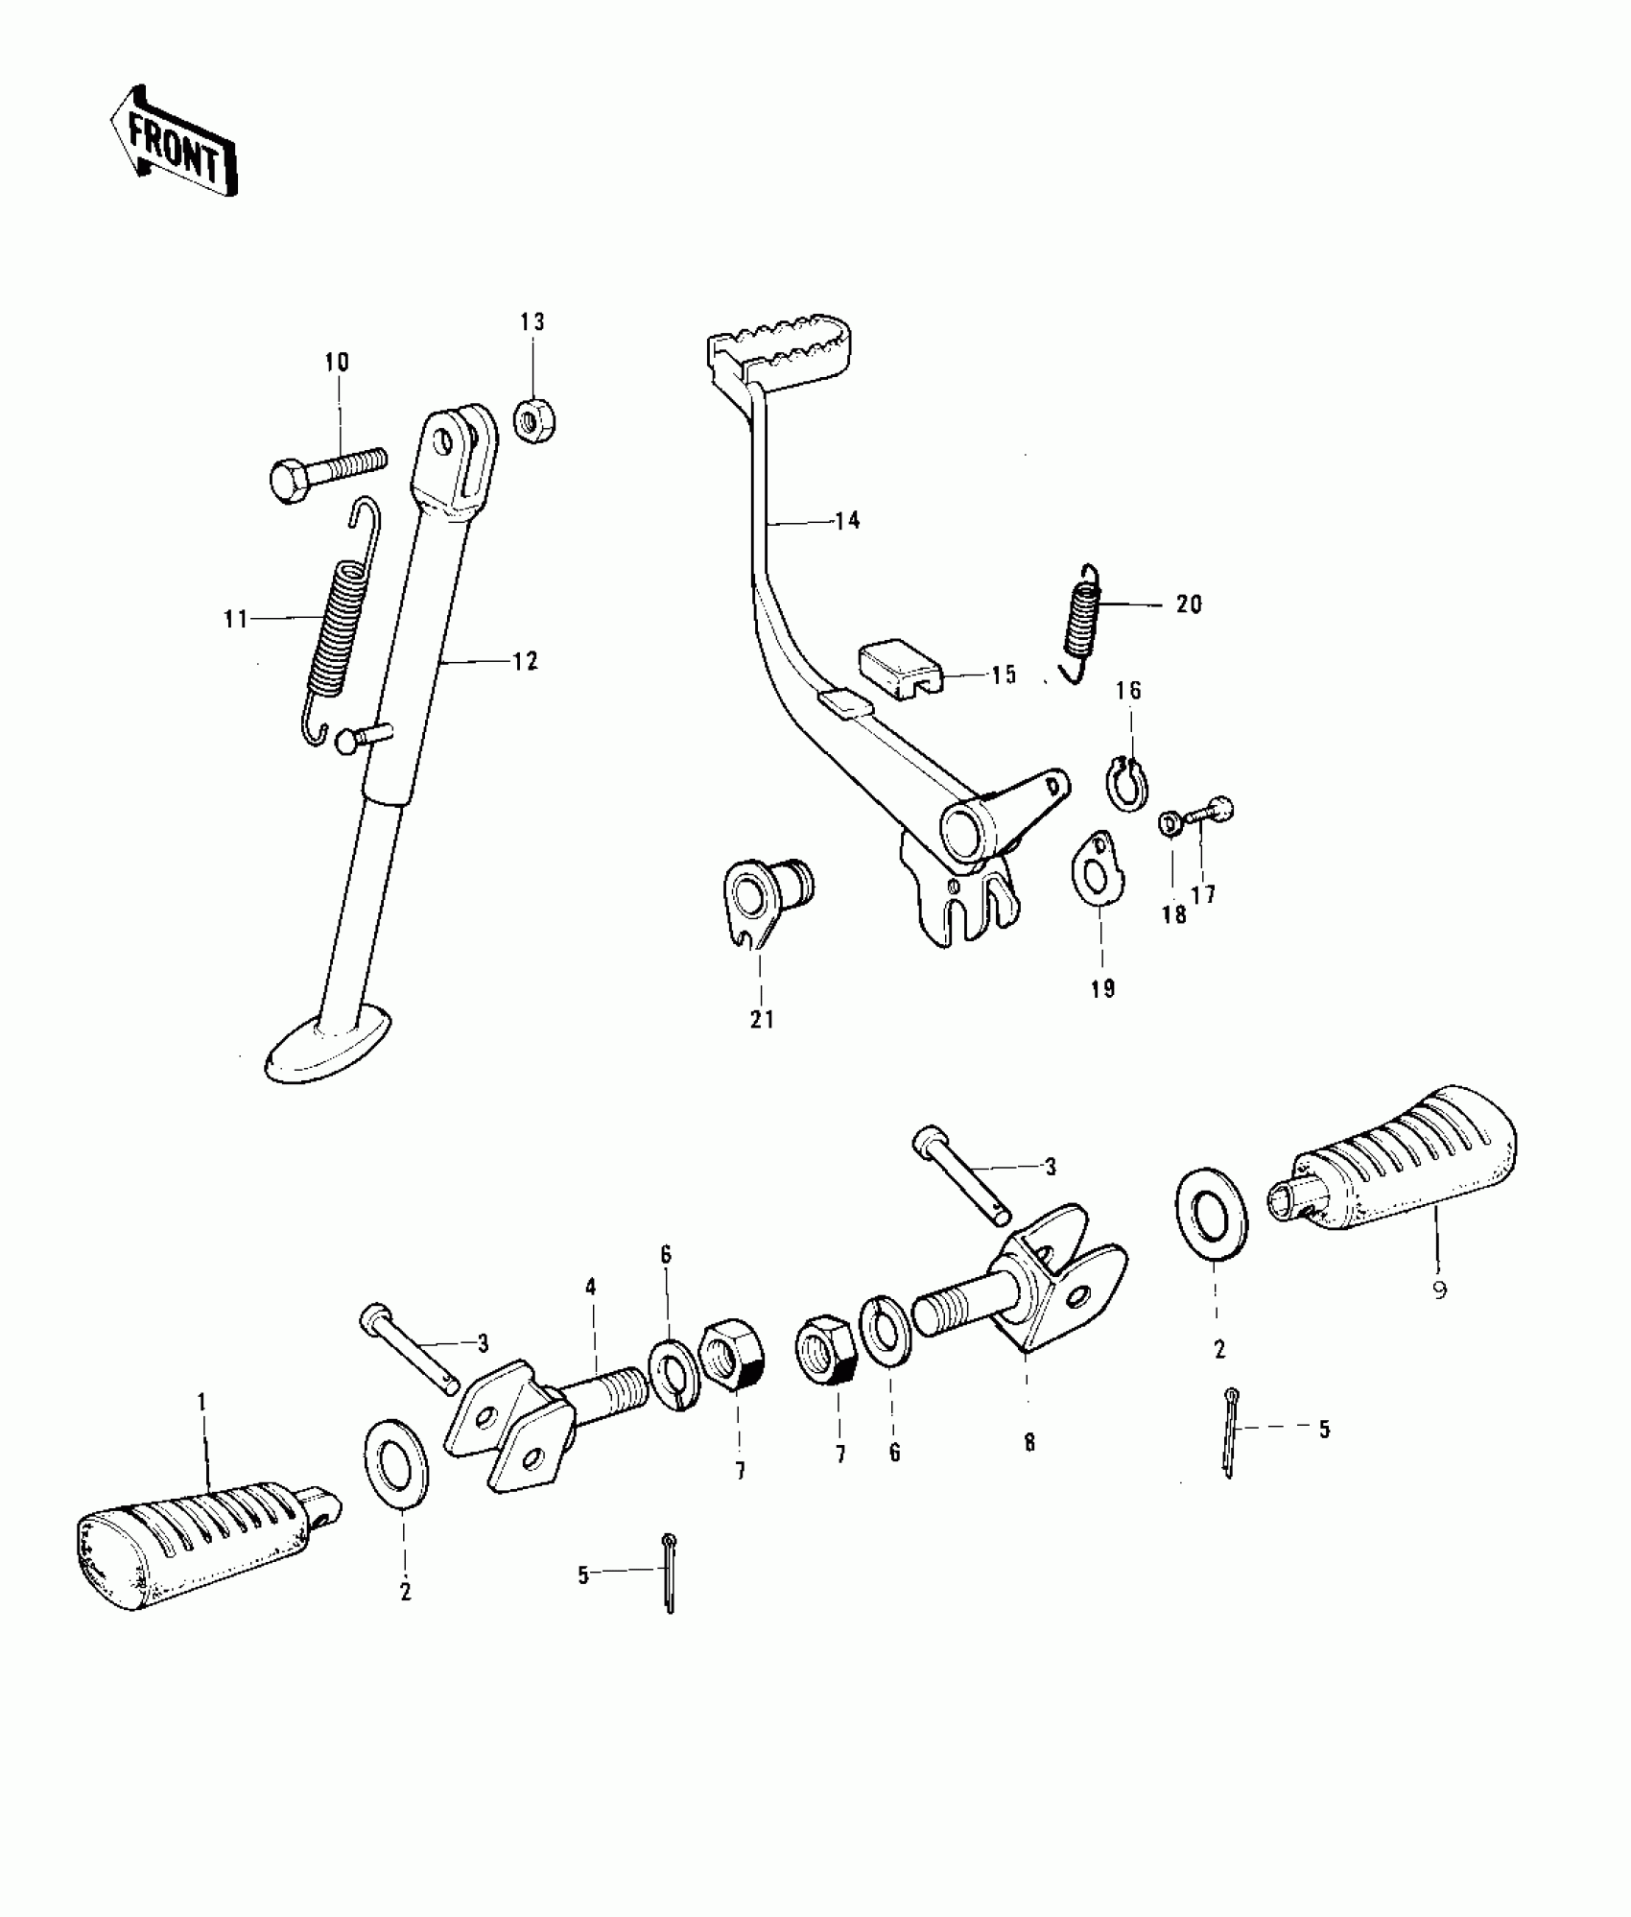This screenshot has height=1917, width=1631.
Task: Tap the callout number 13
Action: pyautogui.click(x=532, y=322)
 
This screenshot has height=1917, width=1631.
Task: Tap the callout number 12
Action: pyautogui.click(x=526, y=661)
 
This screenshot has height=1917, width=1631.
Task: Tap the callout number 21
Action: pyautogui.click(x=762, y=1019)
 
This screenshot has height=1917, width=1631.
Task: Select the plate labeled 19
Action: pyautogui.click(x=1098, y=868)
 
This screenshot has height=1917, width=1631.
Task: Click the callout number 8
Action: pyautogui.click(x=1029, y=1470)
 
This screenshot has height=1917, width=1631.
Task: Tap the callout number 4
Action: pyautogui.click(x=591, y=1288)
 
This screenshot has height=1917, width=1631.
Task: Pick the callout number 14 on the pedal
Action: pyautogui.click(x=847, y=521)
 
